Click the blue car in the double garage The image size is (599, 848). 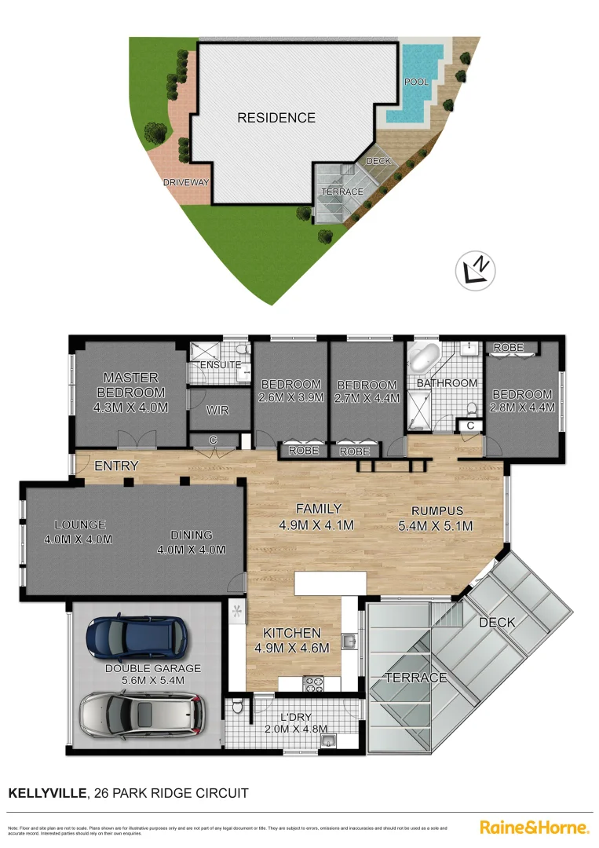pyautogui.click(x=137, y=637)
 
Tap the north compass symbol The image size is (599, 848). pyautogui.click(x=477, y=270)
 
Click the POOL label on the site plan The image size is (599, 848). pyautogui.click(x=415, y=82)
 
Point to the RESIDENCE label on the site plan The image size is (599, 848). pyautogui.click(x=276, y=118)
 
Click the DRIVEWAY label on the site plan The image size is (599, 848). pyautogui.click(x=186, y=182)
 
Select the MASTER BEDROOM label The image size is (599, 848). pyautogui.click(x=130, y=385)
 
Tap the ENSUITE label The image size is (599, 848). pyautogui.click(x=220, y=365)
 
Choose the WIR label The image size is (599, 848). pyautogui.click(x=217, y=410)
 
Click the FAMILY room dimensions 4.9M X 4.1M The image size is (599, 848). pyautogui.click(x=317, y=525)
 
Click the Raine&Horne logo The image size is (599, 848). pyautogui.click(x=534, y=827)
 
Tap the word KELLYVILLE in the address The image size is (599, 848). pyautogui.click(x=47, y=793)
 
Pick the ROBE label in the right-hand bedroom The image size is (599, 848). pyautogui.click(x=508, y=347)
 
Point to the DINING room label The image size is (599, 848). pyautogui.click(x=192, y=535)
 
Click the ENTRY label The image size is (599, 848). pyautogui.click(x=116, y=466)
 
